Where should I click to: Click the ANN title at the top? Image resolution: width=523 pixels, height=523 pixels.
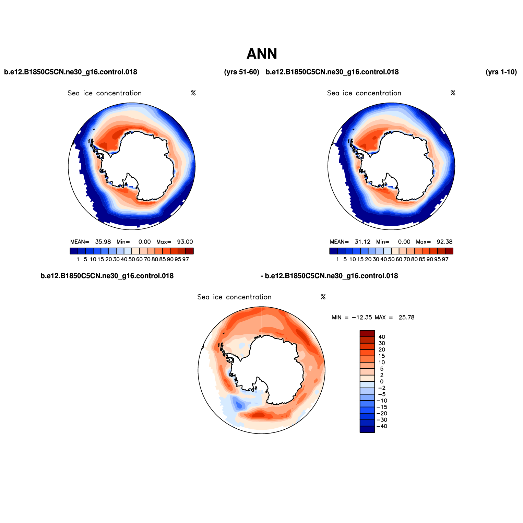tap(262, 54)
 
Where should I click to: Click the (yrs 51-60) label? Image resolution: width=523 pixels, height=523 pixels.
tap(241, 72)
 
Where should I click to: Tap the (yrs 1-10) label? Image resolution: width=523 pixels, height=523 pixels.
tap(501, 72)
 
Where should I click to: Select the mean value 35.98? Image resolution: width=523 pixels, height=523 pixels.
tap(103, 242)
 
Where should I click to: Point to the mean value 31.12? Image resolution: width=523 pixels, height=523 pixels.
tap(362, 242)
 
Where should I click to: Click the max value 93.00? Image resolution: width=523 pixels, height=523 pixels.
tap(185, 242)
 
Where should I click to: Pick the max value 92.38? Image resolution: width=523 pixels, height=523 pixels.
tap(444, 242)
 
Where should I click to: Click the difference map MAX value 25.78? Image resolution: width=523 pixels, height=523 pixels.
tap(406, 318)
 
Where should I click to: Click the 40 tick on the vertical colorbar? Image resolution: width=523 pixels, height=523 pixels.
tap(382, 337)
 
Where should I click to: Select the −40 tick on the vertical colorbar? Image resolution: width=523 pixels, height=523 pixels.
tap(382, 426)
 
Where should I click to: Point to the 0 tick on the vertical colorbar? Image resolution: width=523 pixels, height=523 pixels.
tap(382, 382)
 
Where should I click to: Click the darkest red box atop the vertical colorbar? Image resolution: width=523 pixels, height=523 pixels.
tap(367, 334)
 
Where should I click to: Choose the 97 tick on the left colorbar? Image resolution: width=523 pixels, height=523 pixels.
tap(186, 260)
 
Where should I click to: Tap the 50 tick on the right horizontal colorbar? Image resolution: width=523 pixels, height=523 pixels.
tap(391, 260)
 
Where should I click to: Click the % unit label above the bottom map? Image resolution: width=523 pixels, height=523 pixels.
tap(323, 297)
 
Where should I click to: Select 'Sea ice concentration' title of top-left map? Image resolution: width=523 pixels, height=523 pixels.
tap(105, 93)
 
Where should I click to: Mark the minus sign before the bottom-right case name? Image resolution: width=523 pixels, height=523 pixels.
tap(262, 276)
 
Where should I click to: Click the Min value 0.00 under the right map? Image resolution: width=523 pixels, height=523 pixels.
tap(404, 242)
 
